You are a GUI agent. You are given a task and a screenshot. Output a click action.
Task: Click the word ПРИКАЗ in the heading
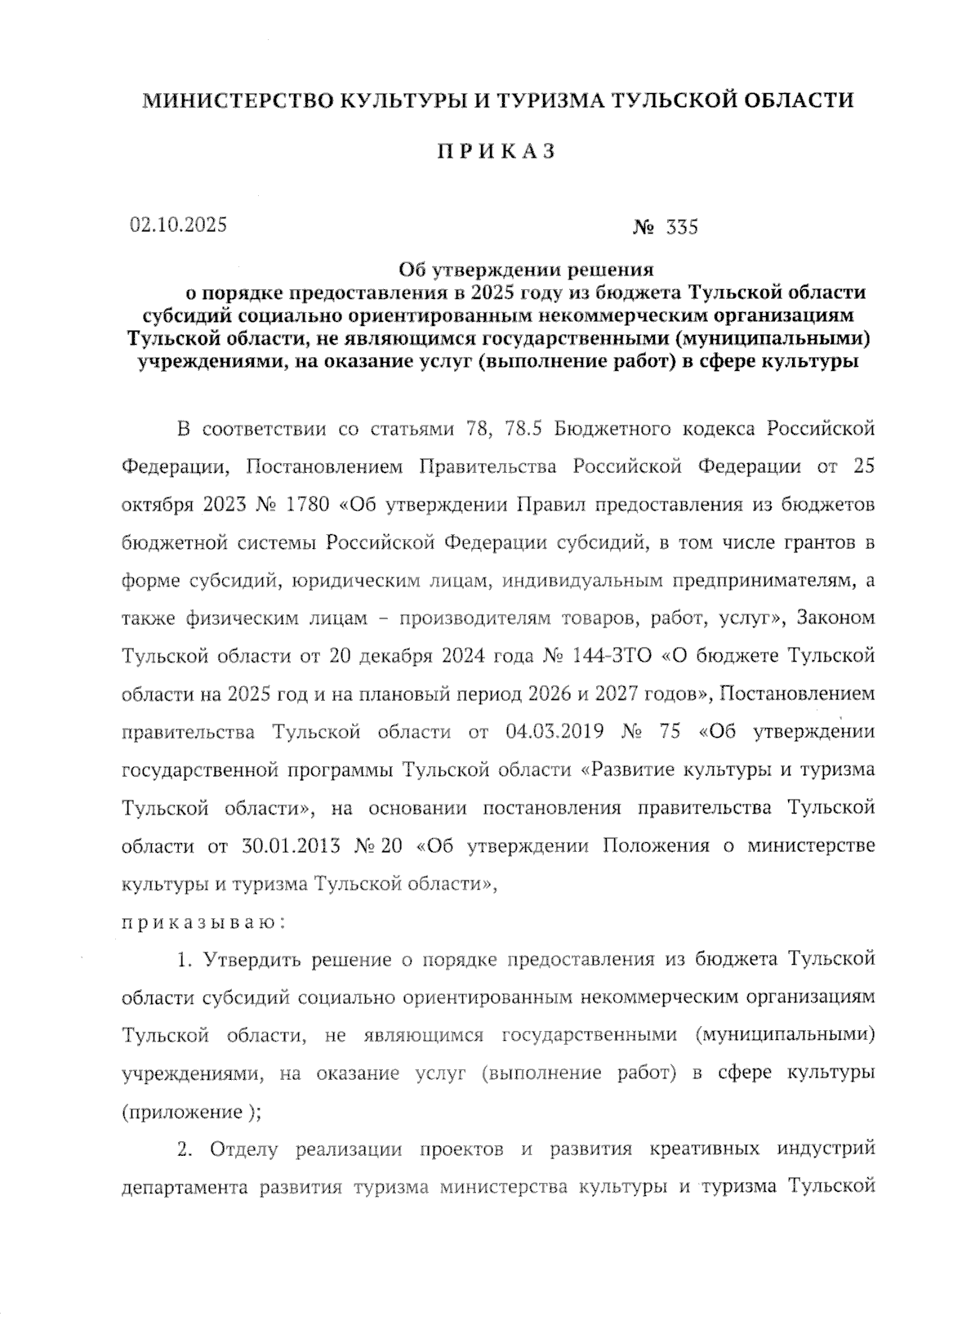(x=496, y=152)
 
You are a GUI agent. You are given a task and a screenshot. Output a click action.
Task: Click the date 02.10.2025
(x=177, y=225)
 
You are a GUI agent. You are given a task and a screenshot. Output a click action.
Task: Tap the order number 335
(x=682, y=228)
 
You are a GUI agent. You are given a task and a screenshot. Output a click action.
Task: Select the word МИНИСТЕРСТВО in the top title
(x=238, y=100)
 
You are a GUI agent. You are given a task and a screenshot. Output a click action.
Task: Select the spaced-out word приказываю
(x=203, y=922)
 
